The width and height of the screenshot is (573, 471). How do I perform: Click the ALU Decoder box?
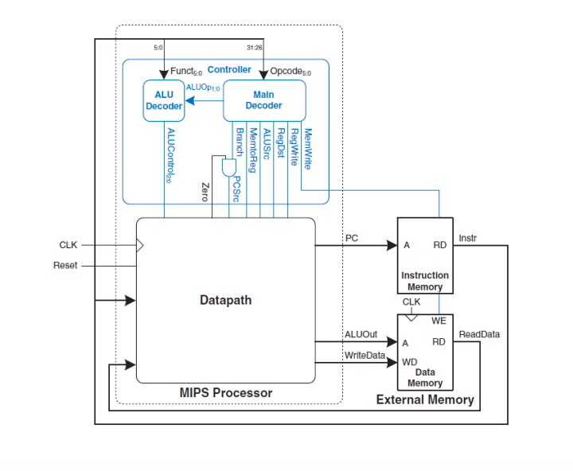[164, 100]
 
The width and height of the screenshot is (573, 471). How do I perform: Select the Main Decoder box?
[263, 100]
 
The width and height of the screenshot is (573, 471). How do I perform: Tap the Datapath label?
[225, 300]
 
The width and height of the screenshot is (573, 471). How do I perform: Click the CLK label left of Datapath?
[68, 245]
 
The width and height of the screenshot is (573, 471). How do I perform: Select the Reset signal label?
[65, 265]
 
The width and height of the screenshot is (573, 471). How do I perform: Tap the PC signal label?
[351, 238]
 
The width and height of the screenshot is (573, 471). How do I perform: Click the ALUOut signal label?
[360, 334]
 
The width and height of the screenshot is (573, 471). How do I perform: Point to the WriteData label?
[364, 354]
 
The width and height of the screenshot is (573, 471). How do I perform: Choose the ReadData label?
[479, 334]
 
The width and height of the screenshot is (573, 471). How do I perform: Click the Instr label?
[468, 237]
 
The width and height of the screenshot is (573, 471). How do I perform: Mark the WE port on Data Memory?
[438, 321]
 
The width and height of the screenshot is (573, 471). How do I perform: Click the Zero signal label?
[204, 191]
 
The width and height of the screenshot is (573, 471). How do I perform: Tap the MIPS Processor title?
[226, 393]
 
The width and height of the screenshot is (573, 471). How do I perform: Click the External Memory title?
[425, 399]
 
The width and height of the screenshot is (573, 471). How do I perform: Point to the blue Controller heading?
[229, 70]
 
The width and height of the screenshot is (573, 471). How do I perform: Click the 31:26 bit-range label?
[254, 48]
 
